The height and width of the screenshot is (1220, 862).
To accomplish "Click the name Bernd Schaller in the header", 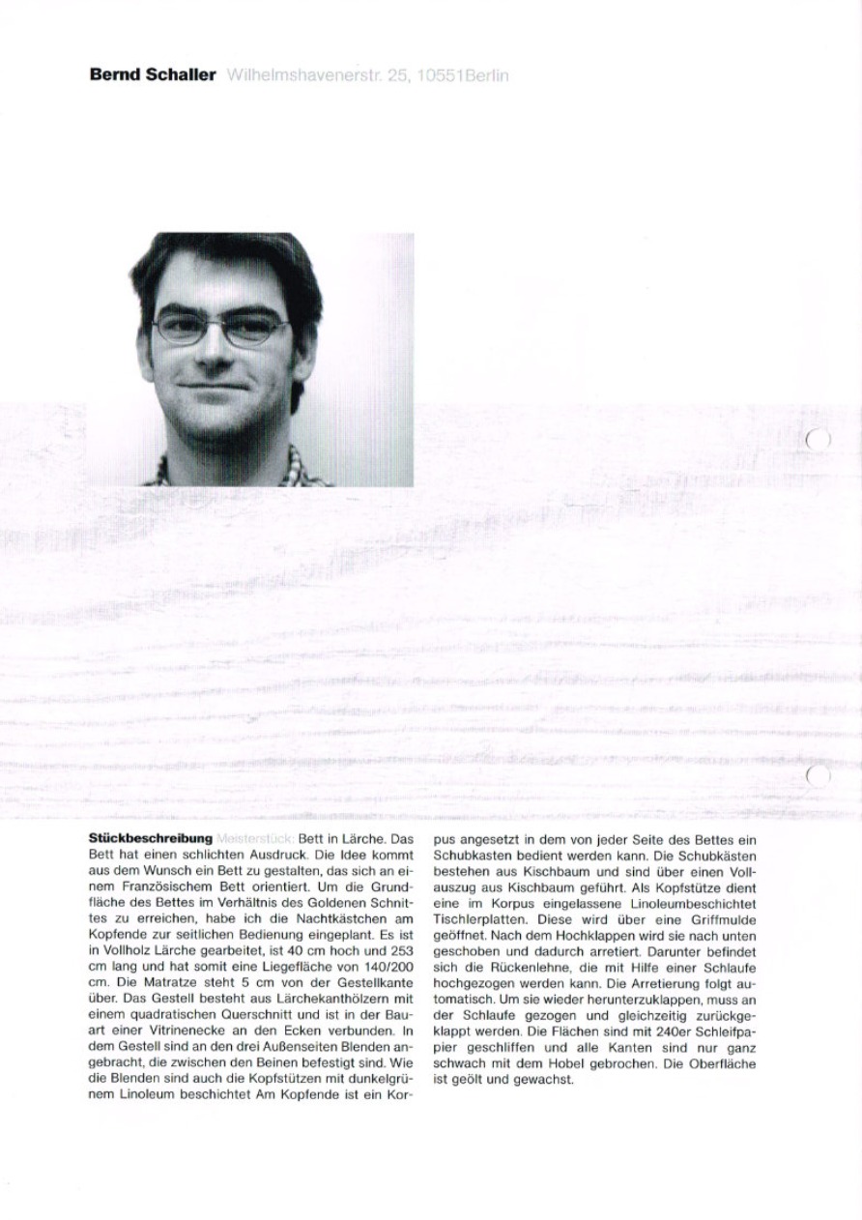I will click(152, 74).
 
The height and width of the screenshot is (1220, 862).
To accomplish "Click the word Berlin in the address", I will click(486, 74).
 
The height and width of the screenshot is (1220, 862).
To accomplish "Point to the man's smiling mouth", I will click(220, 388).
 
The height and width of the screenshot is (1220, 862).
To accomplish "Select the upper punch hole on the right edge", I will click(819, 440).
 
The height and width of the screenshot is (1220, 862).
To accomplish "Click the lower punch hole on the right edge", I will click(819, 774).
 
